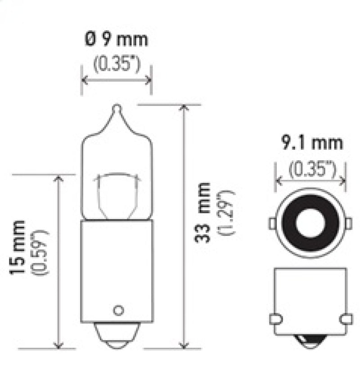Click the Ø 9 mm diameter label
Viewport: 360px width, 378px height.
pyautogui.click(x=117, y=40)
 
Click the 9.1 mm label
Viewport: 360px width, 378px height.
pyautogui.click(x=312, y=144)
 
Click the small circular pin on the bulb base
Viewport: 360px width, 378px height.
pyautogui.click(x=118, y=310)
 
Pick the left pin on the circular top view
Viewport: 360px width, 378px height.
pyautogui.click(x=273, y=223)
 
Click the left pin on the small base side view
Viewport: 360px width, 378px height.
pyautogui.click(x=274, y=319)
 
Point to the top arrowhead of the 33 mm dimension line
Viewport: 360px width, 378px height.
pyautogui.click(x=184, y=108)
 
